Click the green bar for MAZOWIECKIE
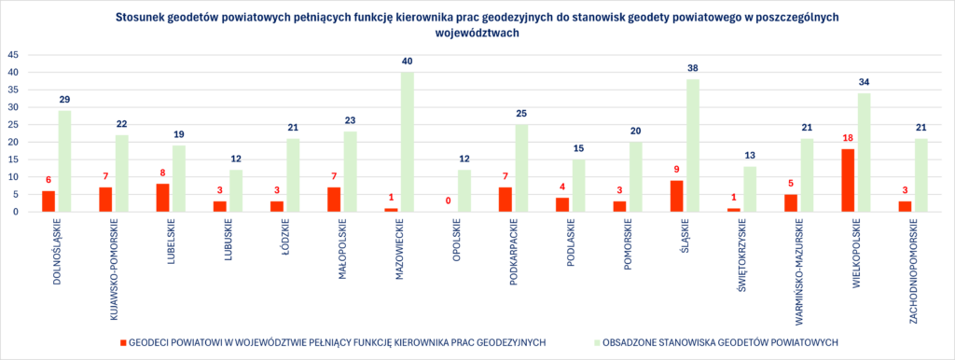coord(408,142)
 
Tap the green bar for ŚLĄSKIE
coord(693,145)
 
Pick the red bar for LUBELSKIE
coord(162,198)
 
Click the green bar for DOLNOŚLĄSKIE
coord(64,161)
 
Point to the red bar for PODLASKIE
coord(562,204)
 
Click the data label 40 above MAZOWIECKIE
coord(408,62)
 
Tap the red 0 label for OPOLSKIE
coord(448,201)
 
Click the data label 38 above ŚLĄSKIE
coord(693,69)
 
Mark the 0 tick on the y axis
coord(16,212)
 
